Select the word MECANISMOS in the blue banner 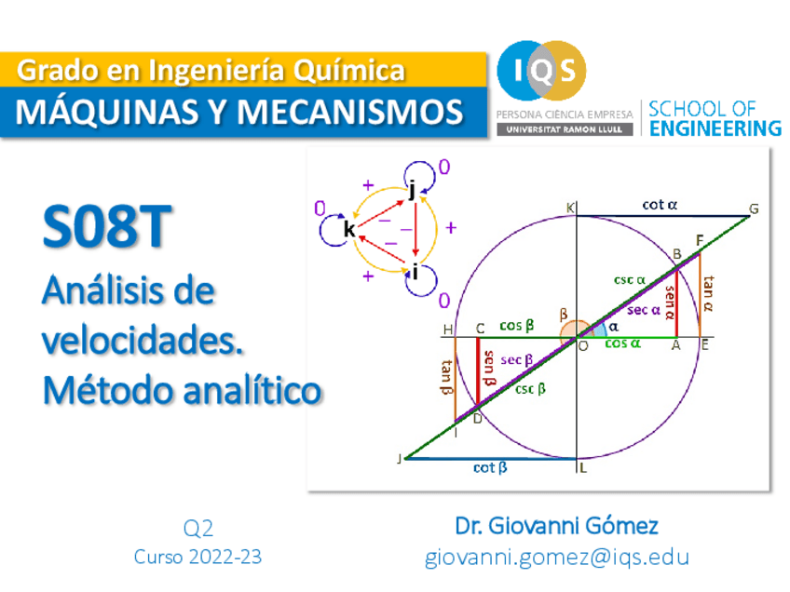tap(349, 112)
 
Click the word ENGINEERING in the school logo tap(715, 128)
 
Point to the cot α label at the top tap(660, 205)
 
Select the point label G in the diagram tap(754, 209)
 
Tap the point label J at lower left tap(401, 458)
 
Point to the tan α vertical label tap(709, 291)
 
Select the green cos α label tap(622, 343)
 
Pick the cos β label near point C tap(516, 326)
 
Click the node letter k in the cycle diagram tap(348, 229)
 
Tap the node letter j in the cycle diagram tap(411, 190)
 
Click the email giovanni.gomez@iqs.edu tap(557, 558)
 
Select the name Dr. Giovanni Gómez tap(556, 526)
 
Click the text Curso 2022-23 tap(197, 558)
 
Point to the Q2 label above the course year tap(198, 529)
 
